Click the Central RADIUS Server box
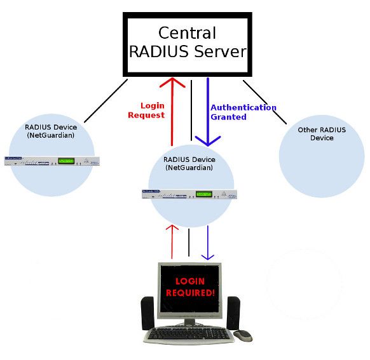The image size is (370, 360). coord(187,43)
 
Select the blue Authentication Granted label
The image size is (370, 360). coord(243,112)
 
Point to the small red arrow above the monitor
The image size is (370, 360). coord(171,241)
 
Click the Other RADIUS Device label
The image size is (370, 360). coord(322,134)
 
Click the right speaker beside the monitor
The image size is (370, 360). coord(233,312)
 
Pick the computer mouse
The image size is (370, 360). coord(242,335)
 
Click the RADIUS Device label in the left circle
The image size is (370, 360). coord(51,131)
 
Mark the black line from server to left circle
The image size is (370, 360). coord(106,100)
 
